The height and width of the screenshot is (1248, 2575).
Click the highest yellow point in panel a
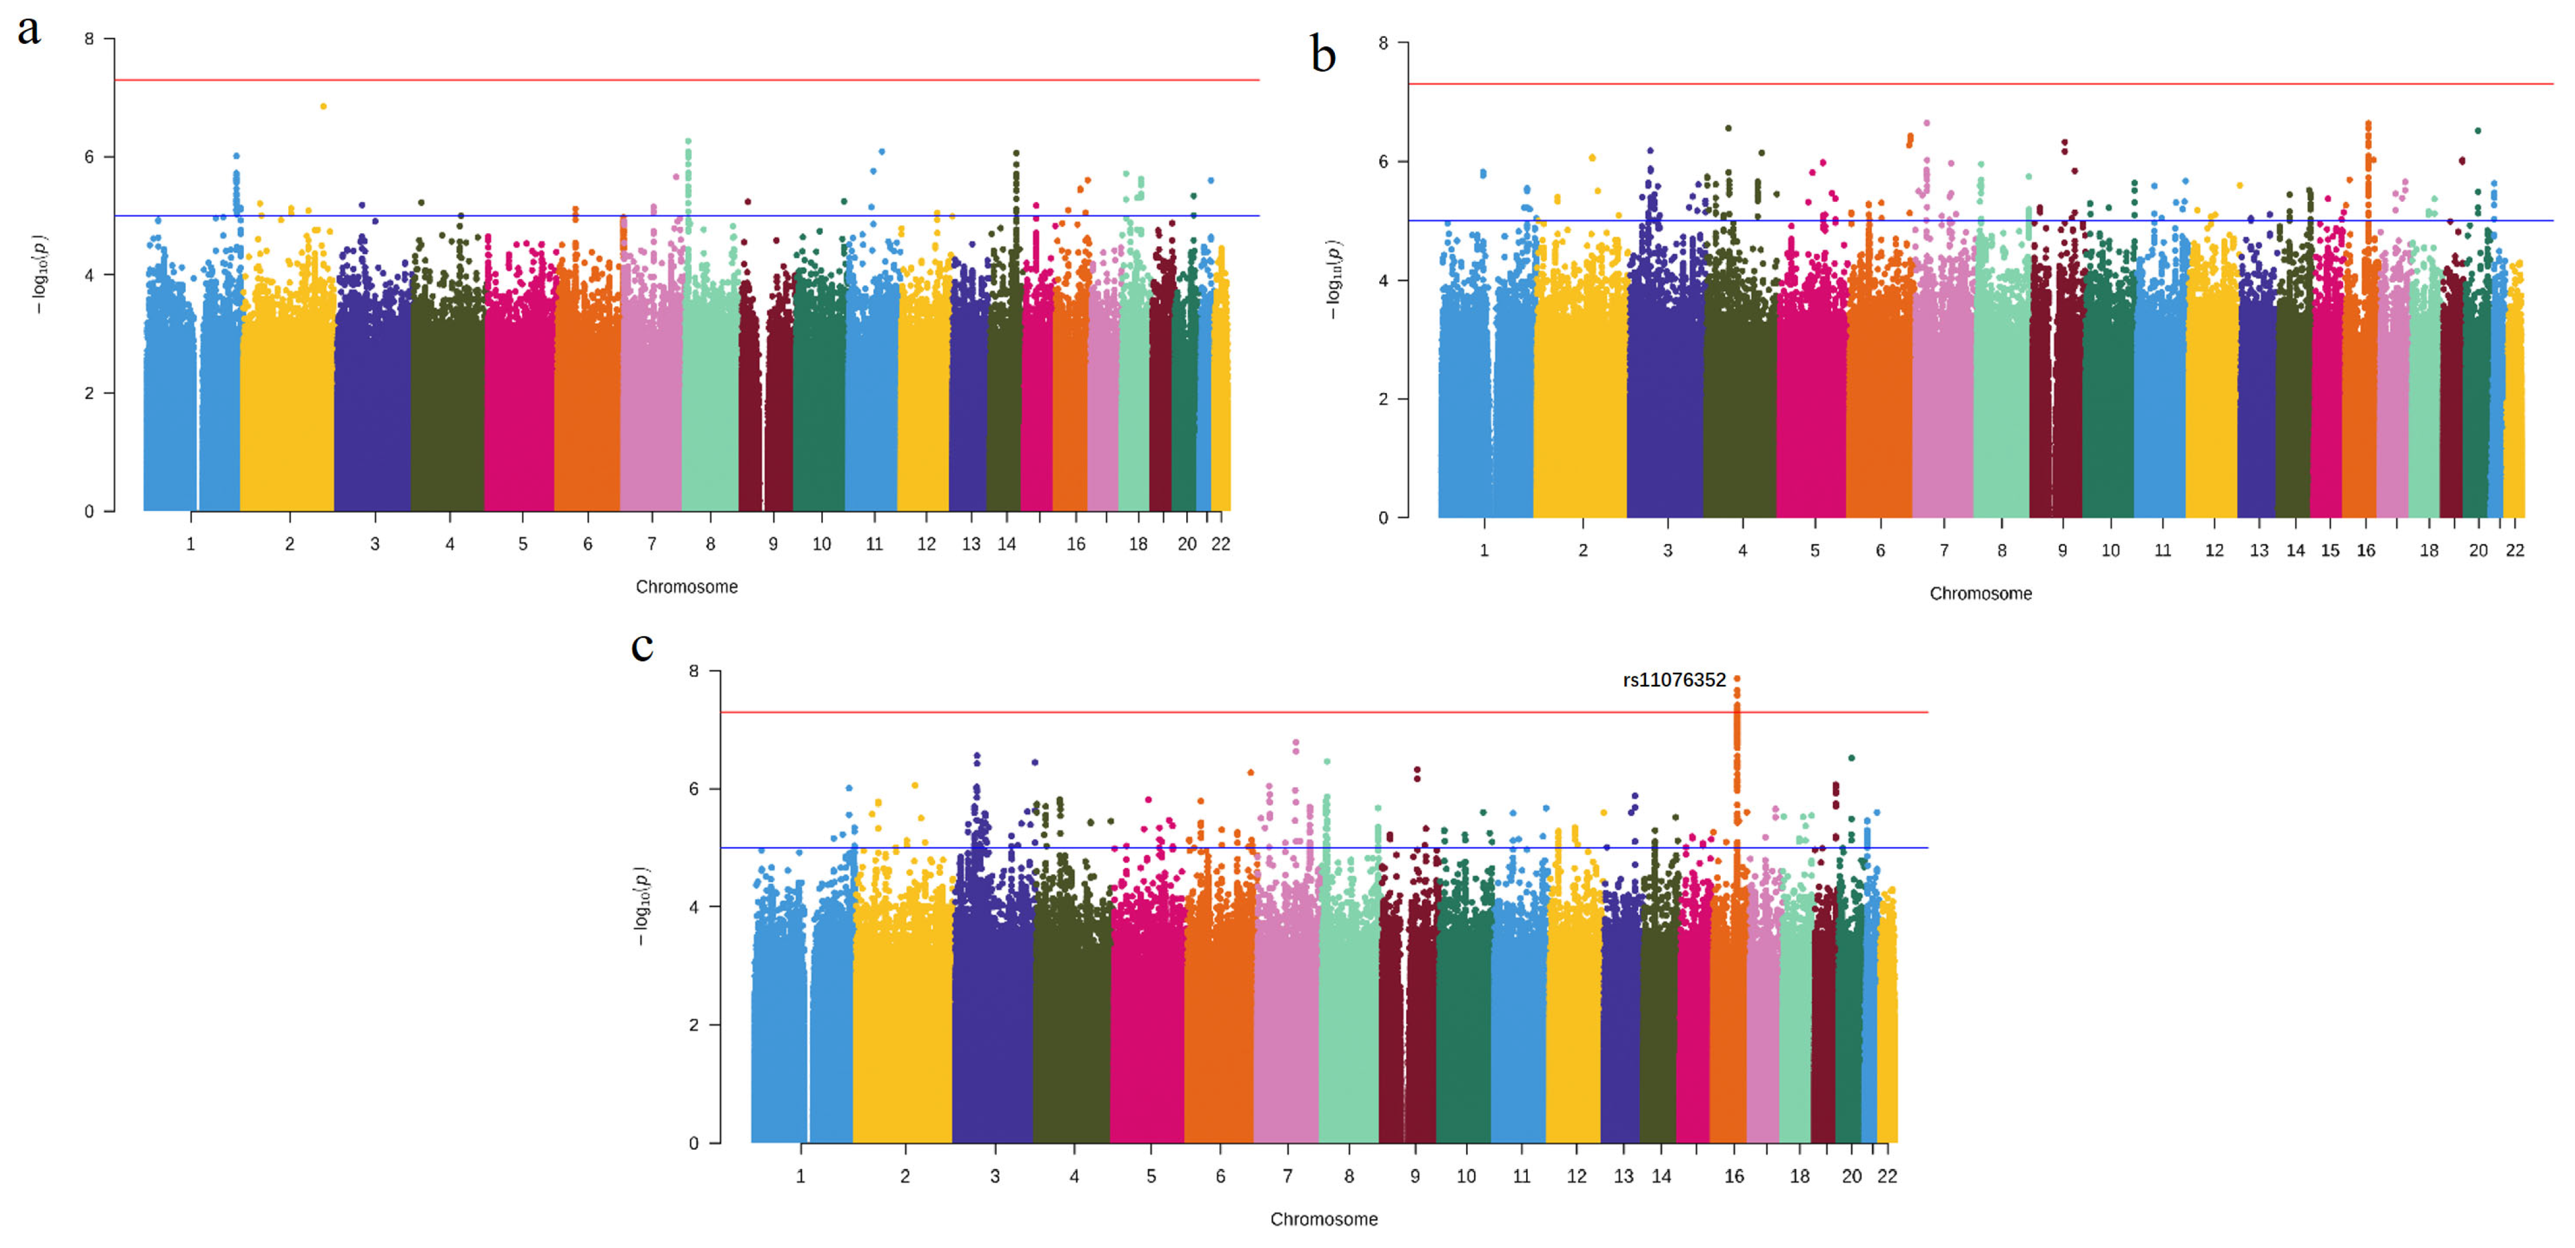pyautogui.click(x=323, y=106)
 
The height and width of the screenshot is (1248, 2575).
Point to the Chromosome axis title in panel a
pyautogui.click(x=687, y=587)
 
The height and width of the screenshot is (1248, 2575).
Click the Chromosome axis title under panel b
pyautogui.click(x=1980, y=594)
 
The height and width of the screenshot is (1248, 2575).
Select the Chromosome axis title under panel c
pyautogui.click(x=1323, y=1219)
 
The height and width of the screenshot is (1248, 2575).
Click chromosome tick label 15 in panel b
pyautogui.click(x=2329, y=551)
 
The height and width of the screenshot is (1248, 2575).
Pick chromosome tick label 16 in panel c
pyautogui.click(x=1733, y=1176)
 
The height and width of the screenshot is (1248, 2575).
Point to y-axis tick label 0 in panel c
pyautogui.click(x=693, y=1143)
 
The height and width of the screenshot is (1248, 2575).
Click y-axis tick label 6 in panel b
pyautogui.click(x=1383, y=162)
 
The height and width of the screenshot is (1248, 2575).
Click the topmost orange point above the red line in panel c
pyautogui.click(x=1736, y=678)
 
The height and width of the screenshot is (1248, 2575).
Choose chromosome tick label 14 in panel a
pyautogui.click(x=1006, y=543)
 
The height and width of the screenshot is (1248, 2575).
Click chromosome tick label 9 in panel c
pyautogui.click(x=1415, y=1176)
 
